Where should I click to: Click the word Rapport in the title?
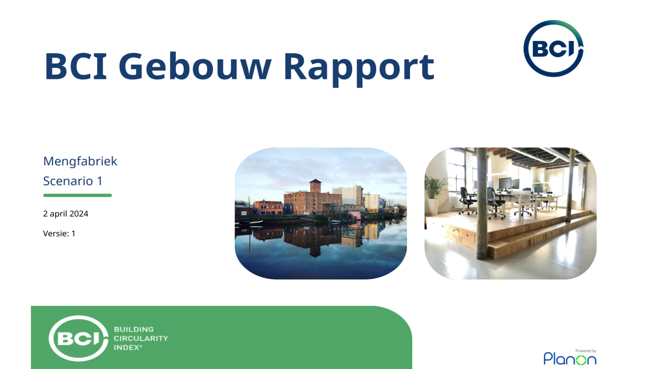pos(359,69)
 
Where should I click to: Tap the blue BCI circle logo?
pos(553,48)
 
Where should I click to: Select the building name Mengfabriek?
pos(80,162)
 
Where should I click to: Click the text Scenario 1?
pos(73,181)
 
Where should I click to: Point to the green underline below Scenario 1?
pos(78,195)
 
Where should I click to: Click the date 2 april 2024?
pos(65,214)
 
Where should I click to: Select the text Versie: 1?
pos(59,233)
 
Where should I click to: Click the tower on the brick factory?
pos(315,186)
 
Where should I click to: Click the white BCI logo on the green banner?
pos(78,338)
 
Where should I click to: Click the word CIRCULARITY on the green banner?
pos(141,338)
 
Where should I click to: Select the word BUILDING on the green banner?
pos(134,329)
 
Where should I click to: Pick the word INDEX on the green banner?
pos(127,347)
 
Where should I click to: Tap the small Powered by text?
pos(586,351)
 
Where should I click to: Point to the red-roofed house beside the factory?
pos(267,207)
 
